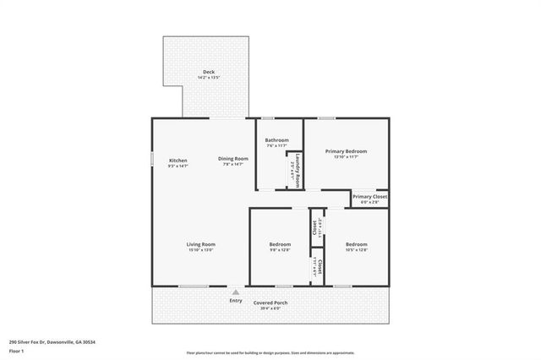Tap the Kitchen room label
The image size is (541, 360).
pyautogui.click(x=178, y=160)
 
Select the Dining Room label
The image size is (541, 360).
pyautogui.click(x=232, y=159)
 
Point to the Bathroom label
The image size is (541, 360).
pyautogui.click(x=276, y=140)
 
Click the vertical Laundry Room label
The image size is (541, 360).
pyautogui.click(x=298, y=169)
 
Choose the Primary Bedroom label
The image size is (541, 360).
pyautogui.click(x=347, y=151)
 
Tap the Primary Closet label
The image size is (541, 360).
pyautogui.click(x=369, y=196)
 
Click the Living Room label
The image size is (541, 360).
pyautogui.click(x=200, y=244)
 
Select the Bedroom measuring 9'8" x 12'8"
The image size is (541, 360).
pyautogui.click(x=280, y=244)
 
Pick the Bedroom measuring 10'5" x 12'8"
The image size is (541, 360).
pyautogui.click(x=356, y=244)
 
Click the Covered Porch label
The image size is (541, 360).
pyautogui.click(x=270, y=303)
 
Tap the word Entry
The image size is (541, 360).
pyautogui.click(x=236, y=300)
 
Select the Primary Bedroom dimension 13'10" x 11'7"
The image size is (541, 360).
pyautogui.click(x=347, y=157)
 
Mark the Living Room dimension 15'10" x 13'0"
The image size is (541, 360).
pyautogui.click(x=200, y=250)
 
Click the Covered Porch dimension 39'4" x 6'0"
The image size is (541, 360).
pyautogui.click(x=270, y=308)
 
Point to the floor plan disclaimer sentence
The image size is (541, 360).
pyautogui.click(x=270, y=352)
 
